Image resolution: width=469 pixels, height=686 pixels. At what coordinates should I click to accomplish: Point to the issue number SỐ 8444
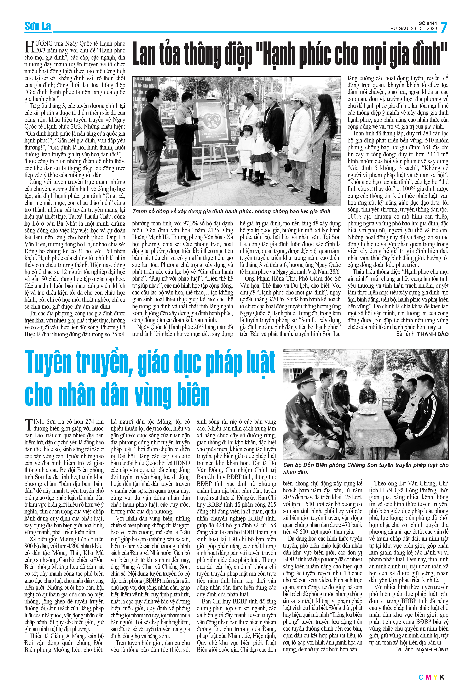[428, 23]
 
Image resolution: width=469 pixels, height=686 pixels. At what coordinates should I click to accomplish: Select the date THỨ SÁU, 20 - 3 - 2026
[412, 29]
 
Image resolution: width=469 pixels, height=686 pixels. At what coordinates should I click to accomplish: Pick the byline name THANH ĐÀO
[433, 334]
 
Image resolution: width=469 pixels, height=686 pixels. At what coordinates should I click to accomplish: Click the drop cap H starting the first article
[29, 47]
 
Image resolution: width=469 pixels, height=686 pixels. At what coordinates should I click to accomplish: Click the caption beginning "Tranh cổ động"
[232, 211]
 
